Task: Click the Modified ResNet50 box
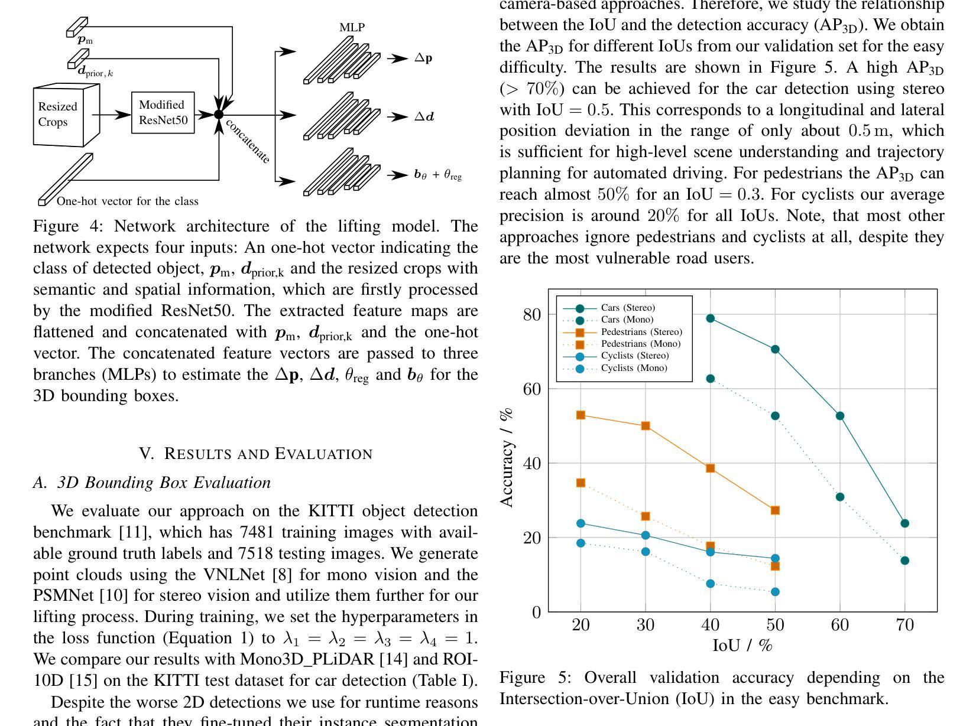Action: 163,113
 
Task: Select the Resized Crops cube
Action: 66,115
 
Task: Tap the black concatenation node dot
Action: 219,115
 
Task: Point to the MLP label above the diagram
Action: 352,27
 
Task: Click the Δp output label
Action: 423,58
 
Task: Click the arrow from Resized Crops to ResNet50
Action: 112,115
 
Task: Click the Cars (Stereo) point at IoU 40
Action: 710,318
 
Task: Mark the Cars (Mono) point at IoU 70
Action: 904,561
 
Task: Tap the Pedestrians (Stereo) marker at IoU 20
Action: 581,415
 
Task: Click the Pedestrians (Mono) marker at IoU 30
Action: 646,516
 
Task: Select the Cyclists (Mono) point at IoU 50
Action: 776,592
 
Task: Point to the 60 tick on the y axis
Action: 531,389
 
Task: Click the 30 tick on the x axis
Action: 646,625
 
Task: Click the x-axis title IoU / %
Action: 742,646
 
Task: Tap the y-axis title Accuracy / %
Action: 507,458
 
